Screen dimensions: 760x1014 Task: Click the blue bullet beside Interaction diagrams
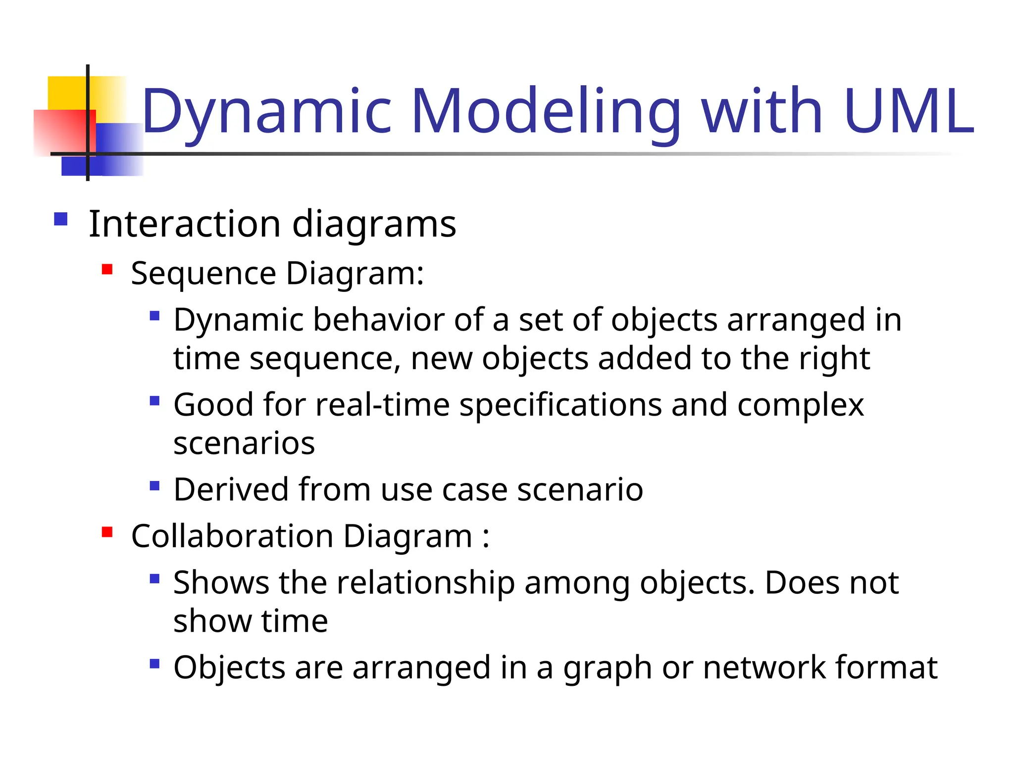click(61, 219)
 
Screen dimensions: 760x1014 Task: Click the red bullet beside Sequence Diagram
click(107, 270)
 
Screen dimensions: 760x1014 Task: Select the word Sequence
click(203, 274)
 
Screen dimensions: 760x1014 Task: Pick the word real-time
click(382, 405)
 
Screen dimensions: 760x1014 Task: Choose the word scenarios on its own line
click(244, 443)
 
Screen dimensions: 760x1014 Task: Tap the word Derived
click(231, 489)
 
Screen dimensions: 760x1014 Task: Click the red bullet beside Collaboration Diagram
click(107, 532)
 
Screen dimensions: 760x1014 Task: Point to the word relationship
click(426, 583)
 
